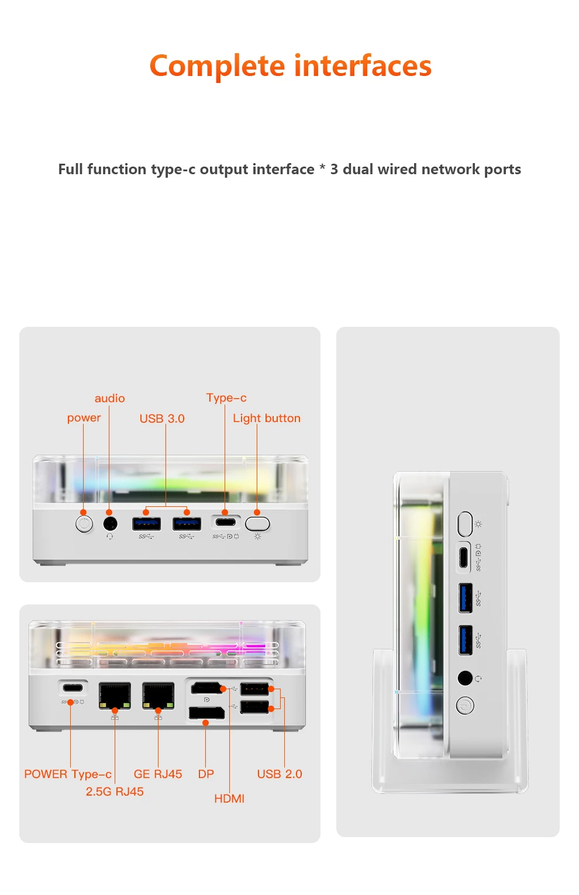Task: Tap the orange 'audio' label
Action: pos(110,399)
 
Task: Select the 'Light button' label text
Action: pos(267,419)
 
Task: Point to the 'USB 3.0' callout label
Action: pos(162,419)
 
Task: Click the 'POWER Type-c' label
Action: pos(68,775)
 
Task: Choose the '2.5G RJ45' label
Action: pos(115,792)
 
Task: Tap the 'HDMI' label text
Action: pos(229,799)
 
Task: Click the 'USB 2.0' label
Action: pos(280,775)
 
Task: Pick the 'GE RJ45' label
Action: pos(158,775)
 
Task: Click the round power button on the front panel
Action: pos(84,524)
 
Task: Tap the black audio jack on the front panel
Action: pos(109,524)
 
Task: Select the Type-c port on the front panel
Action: pos(225,522)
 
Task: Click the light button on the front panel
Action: pos(257,523)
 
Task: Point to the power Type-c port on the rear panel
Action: pos(73,688)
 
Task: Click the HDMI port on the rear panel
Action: pos(206,689)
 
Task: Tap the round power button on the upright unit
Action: pos(465,706)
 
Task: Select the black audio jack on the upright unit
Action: pos(465,678)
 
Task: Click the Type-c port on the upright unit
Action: pos(464,557)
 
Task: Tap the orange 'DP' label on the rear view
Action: pos(206,775)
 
